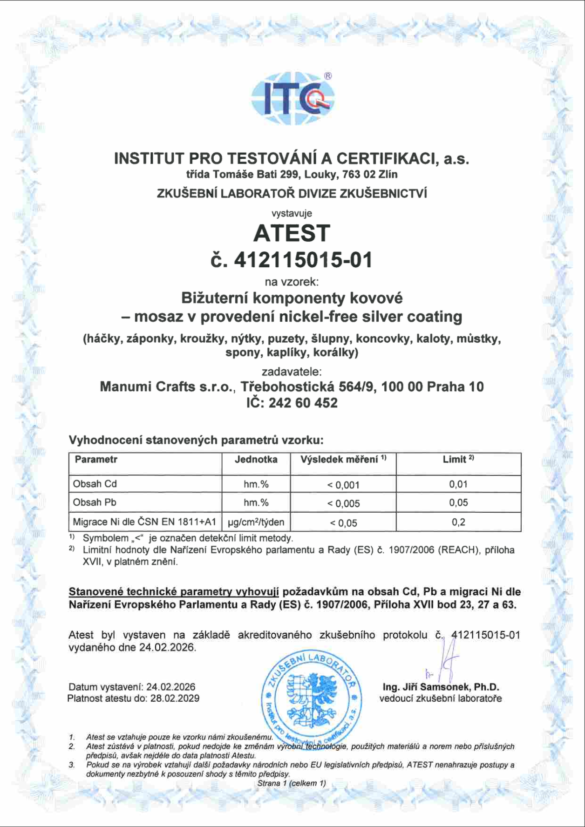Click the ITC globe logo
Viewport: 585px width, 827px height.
[x=292, y=99]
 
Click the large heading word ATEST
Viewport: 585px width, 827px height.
[x=292, y=233]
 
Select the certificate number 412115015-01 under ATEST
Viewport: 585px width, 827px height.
[x=303, y=260]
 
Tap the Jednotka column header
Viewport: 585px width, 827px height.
[x=256, y=460]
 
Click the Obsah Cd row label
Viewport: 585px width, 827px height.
[x=95, y=484]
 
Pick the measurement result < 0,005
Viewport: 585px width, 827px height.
[x=343, y=503]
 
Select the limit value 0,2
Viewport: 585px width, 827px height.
[x=458, y=522]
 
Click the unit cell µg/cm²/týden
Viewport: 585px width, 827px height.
[x=256, y=522]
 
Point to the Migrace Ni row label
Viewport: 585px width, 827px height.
[x=144, y=522]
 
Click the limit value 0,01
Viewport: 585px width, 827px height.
[x=458, y=484]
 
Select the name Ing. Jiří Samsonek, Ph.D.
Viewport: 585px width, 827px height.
[x=441, y=687]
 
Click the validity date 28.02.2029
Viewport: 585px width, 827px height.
[x=175, y=698]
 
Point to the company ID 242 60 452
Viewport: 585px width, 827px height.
[x=303, y=403]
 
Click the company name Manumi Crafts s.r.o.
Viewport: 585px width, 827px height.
[x=166, y=386]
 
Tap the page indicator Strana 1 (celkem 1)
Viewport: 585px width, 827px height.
[x=292, y=783]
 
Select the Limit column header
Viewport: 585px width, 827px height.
[x=458, y=460]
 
